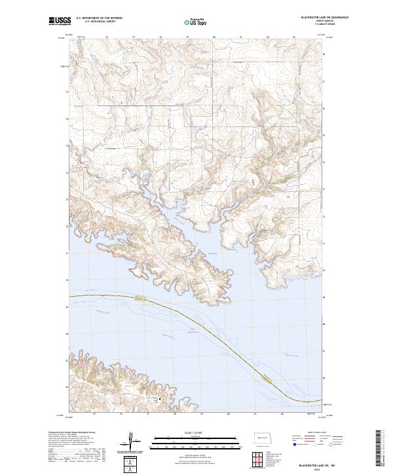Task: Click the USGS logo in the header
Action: coord(60,21)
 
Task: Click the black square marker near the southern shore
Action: coord(157,397)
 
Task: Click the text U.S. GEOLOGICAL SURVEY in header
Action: coord(99,23)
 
